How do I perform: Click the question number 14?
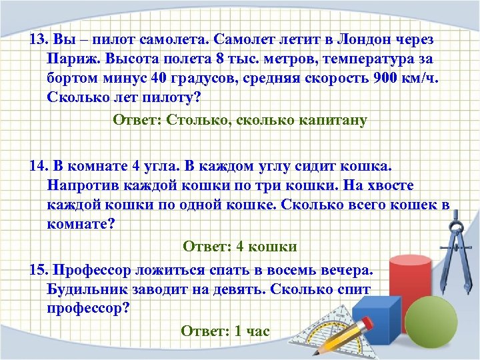pos(39,165)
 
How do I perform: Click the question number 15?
pos(39,271)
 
